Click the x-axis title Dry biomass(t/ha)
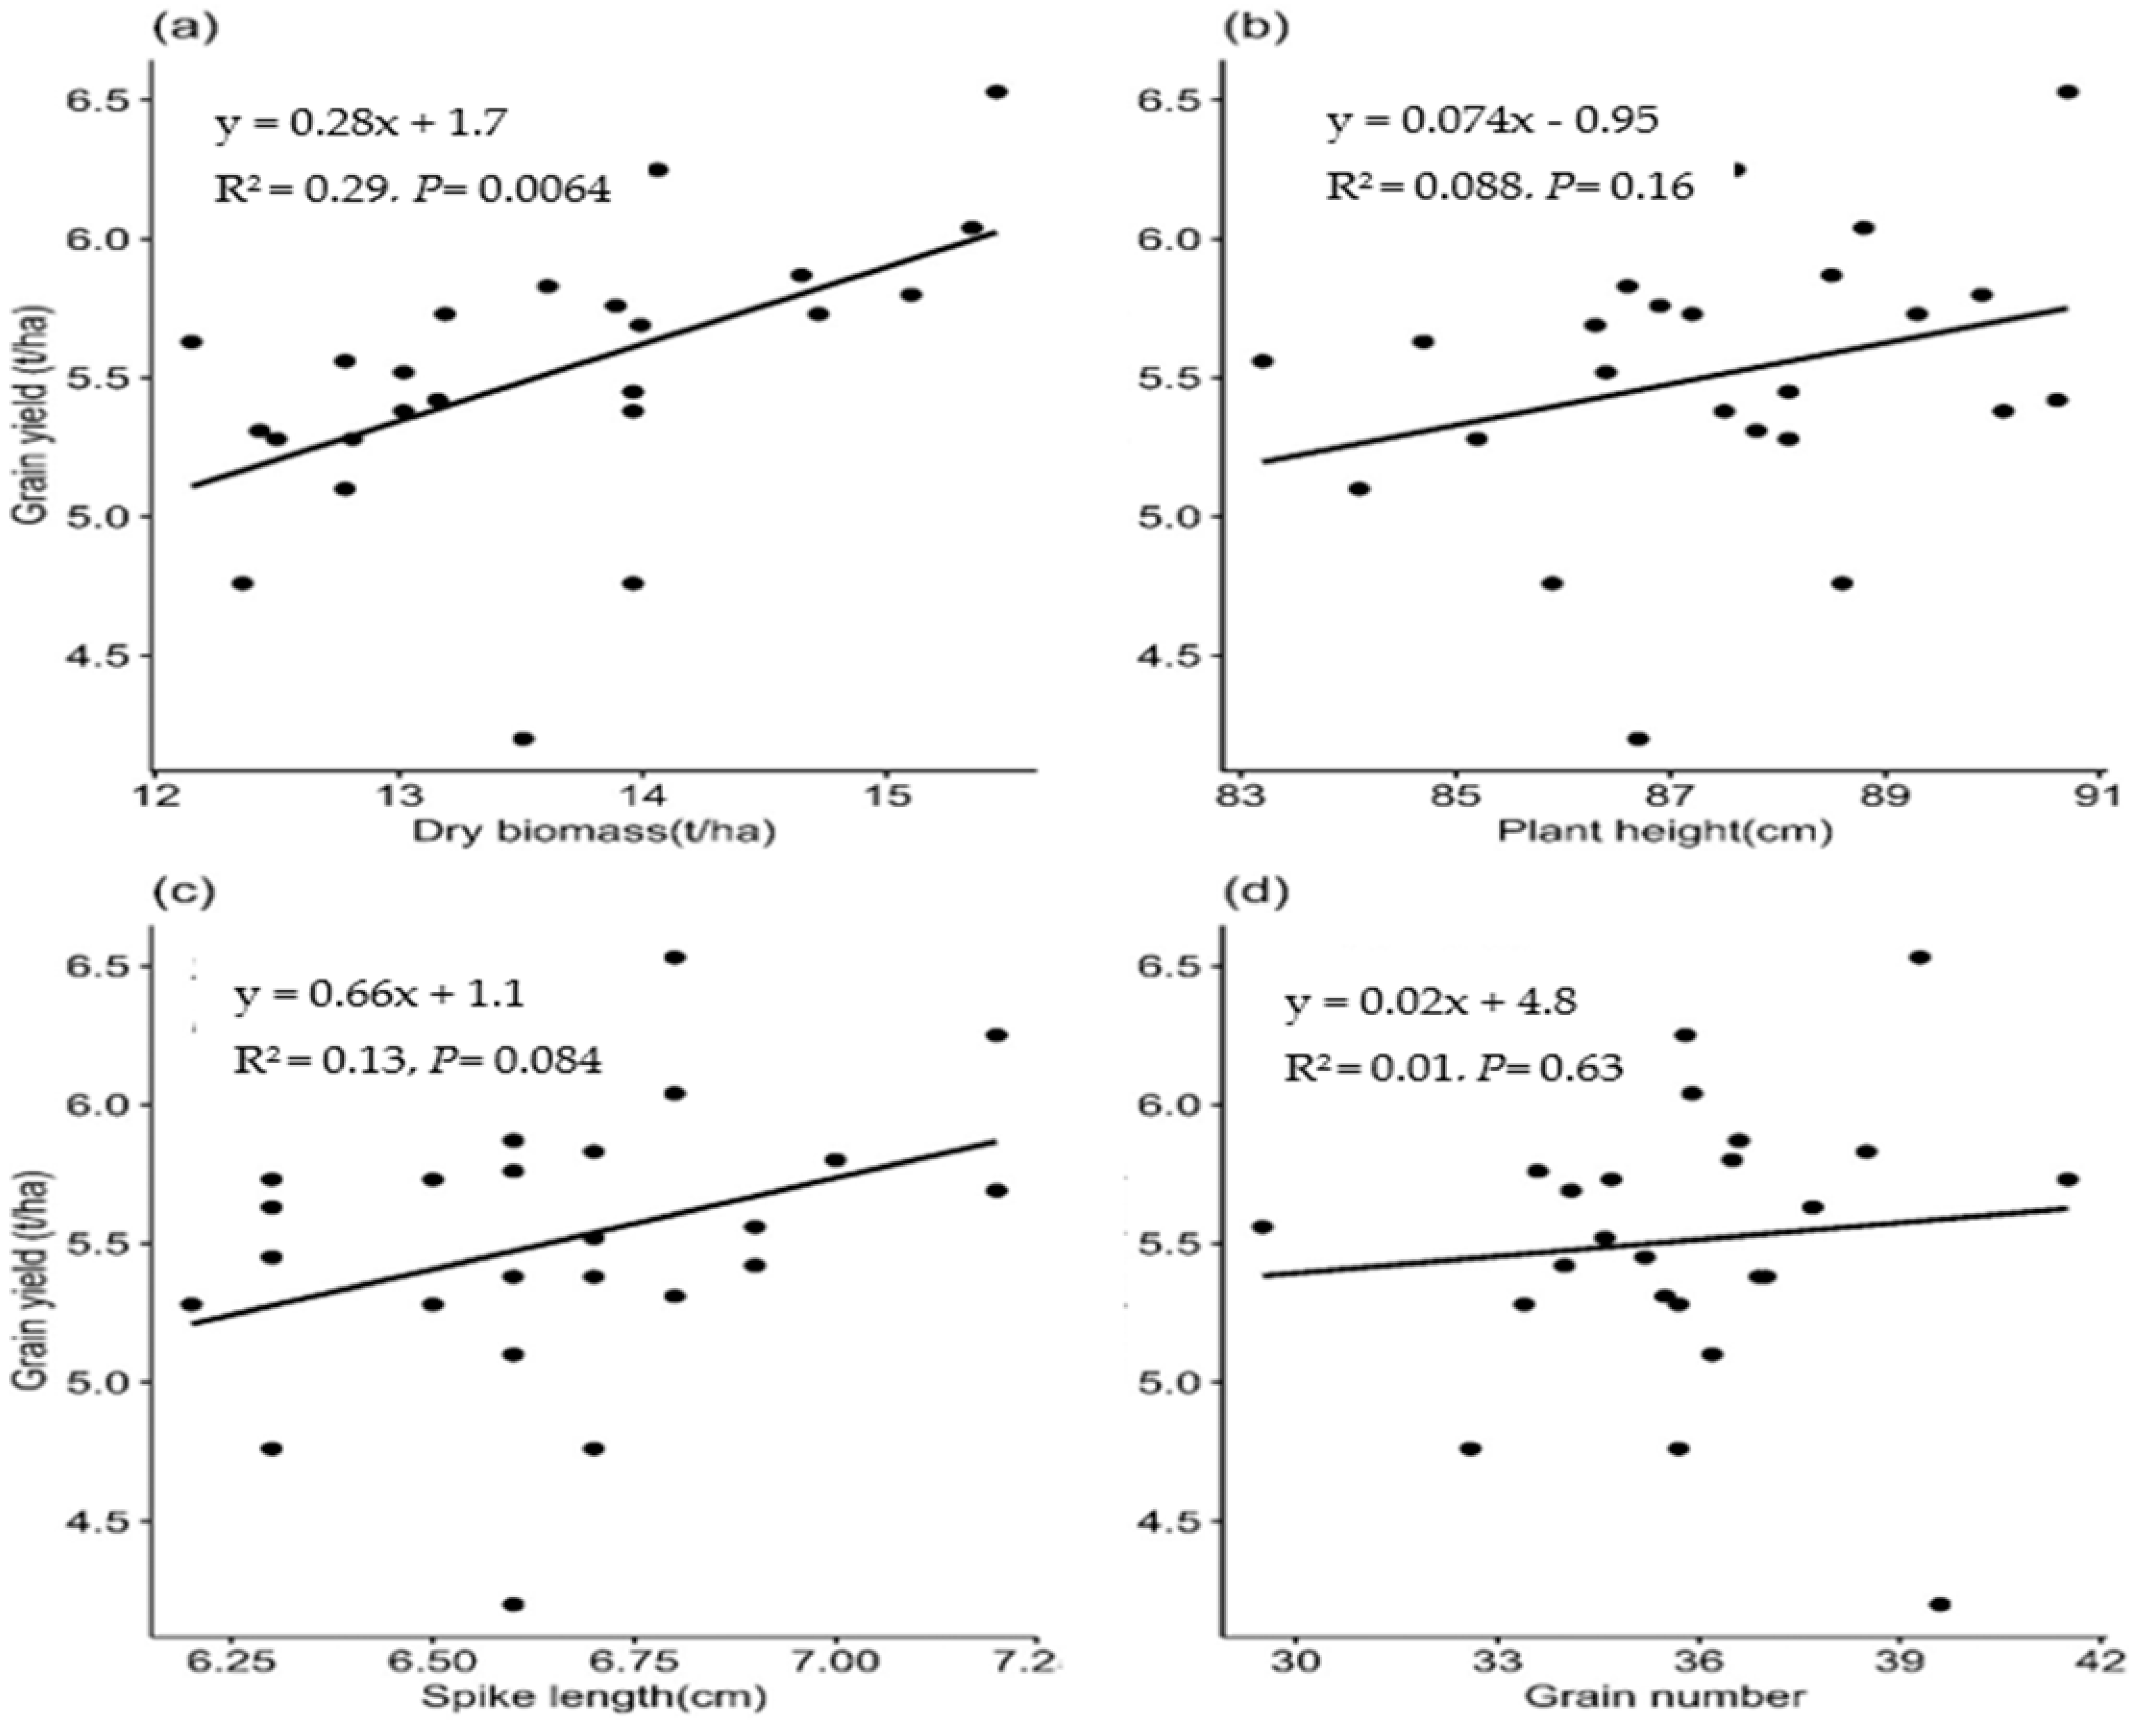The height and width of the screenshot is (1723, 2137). pos(593,831)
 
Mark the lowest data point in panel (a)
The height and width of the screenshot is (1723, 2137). pos(523,739)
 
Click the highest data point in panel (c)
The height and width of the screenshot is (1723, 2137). pos(675,957)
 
